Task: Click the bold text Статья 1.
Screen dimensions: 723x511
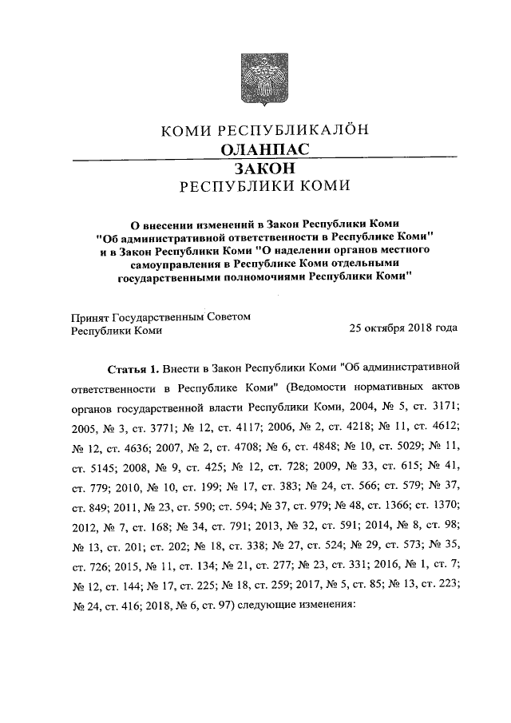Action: (x=133, y=369)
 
